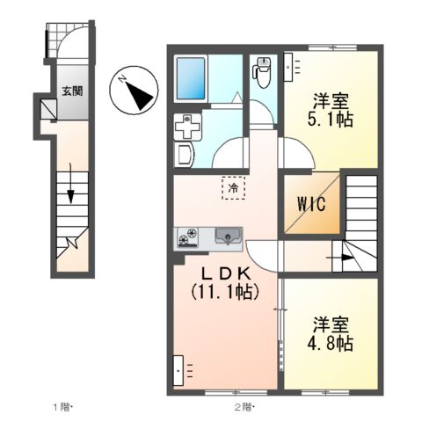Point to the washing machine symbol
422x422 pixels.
(x=187, y=127)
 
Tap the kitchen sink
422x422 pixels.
(x=228, y=236)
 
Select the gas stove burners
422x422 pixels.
(x=189, y=236)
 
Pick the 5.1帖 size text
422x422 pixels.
(x=333, y=120)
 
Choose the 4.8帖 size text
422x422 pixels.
(x=333, y=342)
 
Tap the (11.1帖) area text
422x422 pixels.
(x=225, y=291)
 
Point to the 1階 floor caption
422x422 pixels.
(x=62, y=407)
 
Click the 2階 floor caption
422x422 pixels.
(x=244, y=407)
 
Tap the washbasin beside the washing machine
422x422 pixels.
(x=185, y=156)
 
